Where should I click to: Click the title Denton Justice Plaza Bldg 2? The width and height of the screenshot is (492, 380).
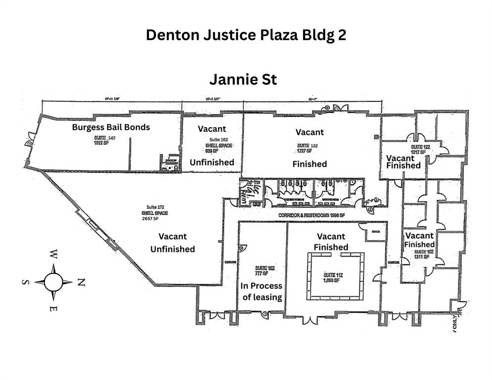coord(246,36)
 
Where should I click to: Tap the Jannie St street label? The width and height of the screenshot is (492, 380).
coord(243,79)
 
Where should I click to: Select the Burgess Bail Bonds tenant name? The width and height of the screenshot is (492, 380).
coord(111,127)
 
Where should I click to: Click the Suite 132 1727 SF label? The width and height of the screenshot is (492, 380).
coord(305,147)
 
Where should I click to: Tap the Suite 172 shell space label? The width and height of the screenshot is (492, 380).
coord(154,212)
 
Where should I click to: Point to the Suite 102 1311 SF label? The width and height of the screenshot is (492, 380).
coord(425,255)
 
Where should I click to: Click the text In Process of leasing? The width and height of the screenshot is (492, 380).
coord(261,291)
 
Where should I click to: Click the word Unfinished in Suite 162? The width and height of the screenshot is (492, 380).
coord(212,162)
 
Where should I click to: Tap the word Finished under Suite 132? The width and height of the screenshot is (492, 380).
coord(310,164)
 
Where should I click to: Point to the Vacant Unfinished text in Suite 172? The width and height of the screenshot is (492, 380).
coord(173,242)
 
